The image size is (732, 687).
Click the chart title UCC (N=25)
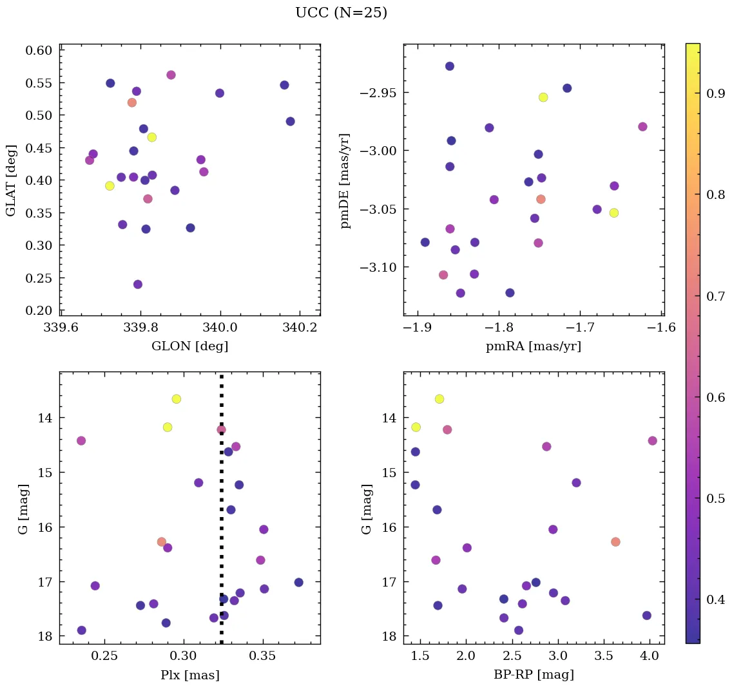tap(341, 13)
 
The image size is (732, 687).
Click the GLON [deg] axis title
tap(189, 346)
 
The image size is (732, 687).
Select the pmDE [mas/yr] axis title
tap(346, 180)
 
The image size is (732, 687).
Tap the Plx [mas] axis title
tap(189, 675)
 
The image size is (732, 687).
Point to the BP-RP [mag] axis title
tap(534, 675)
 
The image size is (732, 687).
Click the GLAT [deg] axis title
tap(11, 180)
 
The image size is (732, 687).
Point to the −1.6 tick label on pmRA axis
tap(661, 328)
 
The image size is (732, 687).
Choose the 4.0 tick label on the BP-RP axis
tap(650, 657)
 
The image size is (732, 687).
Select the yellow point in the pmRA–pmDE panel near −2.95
tap(543, 97)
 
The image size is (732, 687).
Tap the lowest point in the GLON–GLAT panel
tap(137, 285)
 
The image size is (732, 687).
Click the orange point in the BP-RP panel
tap(615, 542)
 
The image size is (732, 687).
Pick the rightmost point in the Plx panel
tap(298, 583)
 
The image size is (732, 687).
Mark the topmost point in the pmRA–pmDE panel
tap(450, 66)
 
